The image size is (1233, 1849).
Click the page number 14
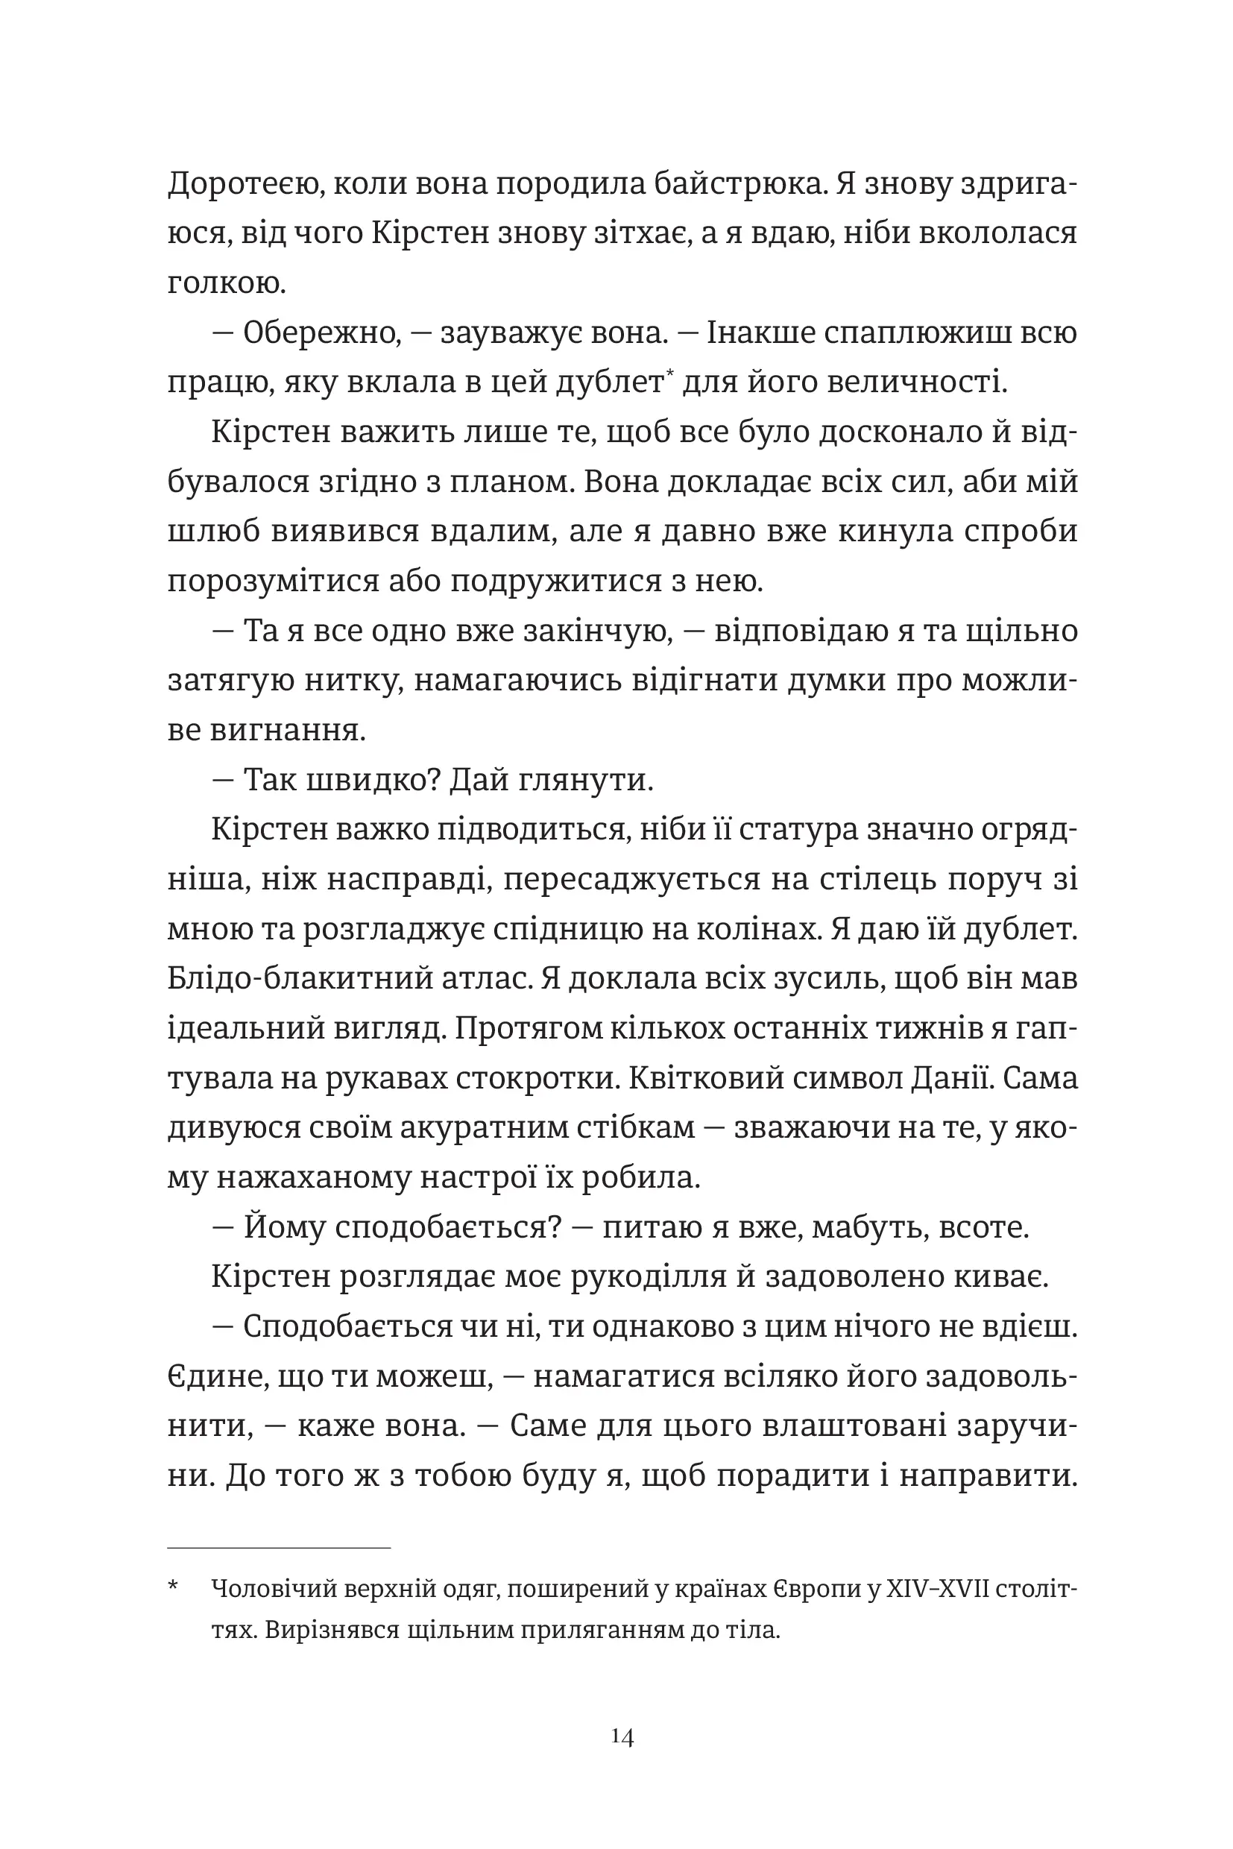[622, 1736]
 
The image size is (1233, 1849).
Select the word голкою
[227, 284]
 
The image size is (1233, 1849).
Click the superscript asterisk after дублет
[669, 374]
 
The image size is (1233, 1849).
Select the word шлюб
[212, 532]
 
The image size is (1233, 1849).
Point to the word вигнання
[288, 731]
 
